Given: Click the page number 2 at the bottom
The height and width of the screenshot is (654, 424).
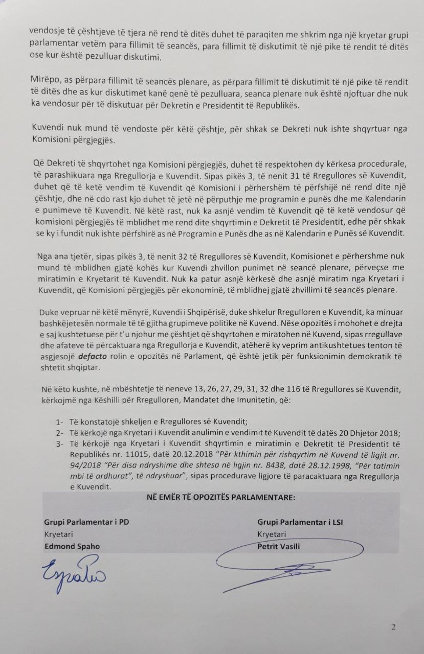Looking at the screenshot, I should pos(393,627).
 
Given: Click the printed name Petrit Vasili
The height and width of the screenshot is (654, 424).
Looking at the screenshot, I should pos(279,546).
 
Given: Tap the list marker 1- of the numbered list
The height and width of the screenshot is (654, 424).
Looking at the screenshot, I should pos(59,422).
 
